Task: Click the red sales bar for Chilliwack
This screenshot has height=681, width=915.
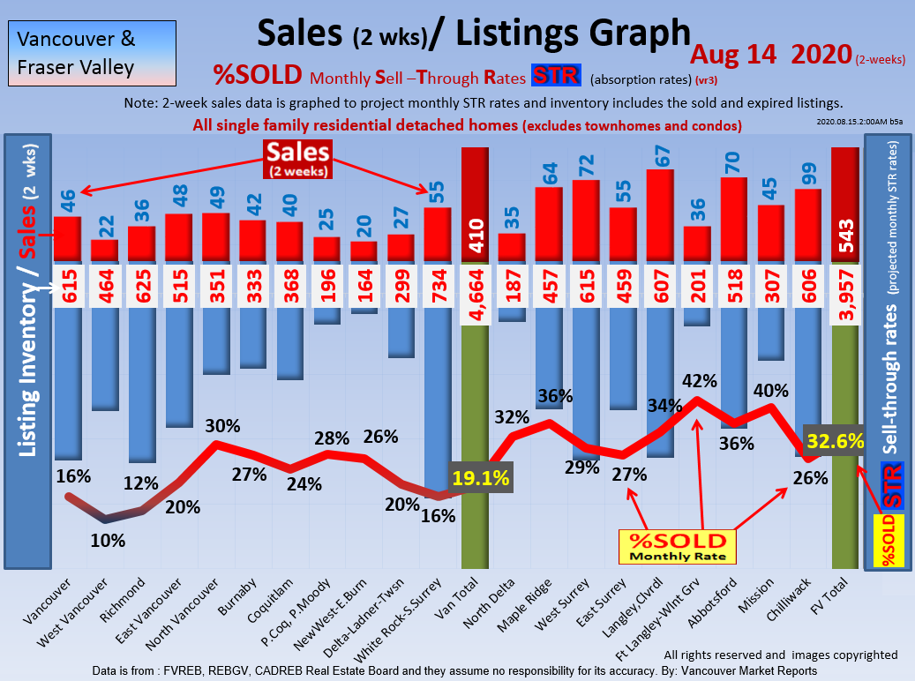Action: (808, 225)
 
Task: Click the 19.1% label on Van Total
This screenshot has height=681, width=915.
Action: (481, 478)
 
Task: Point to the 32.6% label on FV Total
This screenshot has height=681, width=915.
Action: (834, 442)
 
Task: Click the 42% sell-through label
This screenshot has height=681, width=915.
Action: (700, 382)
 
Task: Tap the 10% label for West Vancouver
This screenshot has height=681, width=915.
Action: (108, 539)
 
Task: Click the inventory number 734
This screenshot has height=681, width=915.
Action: (439, 286)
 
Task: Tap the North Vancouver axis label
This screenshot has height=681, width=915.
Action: (196, 614)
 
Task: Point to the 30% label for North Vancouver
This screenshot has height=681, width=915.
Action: (221, 426)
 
